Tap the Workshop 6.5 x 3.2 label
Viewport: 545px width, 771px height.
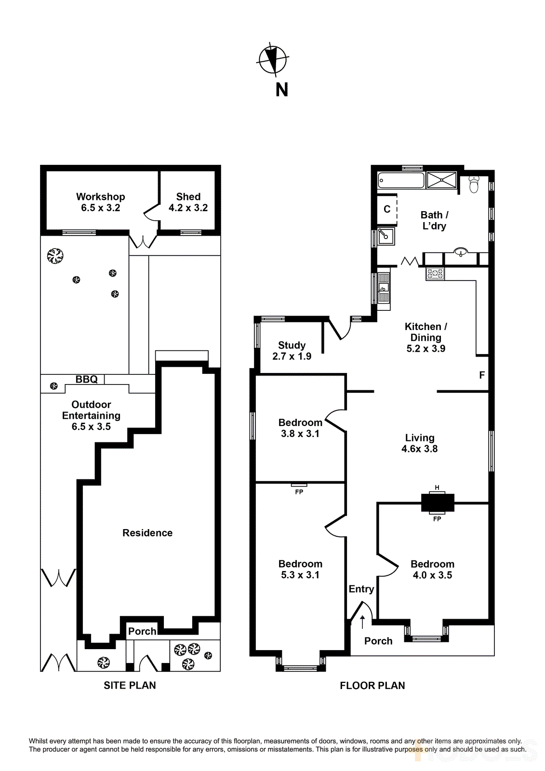pyautogui.click(x=100, y=202)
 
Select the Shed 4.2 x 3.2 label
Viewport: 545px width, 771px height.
pyautogui.click(x=188, y=202)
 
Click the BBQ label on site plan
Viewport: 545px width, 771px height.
pyautogui.click(x=87, y=379)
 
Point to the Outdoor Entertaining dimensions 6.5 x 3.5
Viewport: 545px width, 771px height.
pyautogui.click(x=91, y=426)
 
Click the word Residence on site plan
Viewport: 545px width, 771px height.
pyautogui.click(x=147, y=533)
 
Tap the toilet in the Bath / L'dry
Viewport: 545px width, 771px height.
pyautogui.click(x=474, y=185)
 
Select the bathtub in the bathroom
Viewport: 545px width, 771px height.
pyautogui.click(x=401, y=181)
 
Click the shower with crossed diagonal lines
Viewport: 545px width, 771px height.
pyautogui.click(x=441, y=180)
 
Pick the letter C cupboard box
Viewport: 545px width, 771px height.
pyautogui.click(x=387, y=209)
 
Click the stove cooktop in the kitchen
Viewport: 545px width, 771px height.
pyautogui.click(x=435, y=274)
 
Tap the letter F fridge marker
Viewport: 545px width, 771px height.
pyautogui.click(x=482, y=375)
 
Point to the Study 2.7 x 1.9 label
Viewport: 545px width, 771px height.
pyautogui.click(x=292, y=351)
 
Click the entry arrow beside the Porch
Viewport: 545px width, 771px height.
pyautogui.click(x=362, y=622)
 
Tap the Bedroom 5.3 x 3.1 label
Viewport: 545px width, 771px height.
pyautogui.click(x=300, y=569)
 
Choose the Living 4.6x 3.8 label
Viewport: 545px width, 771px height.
pyautogui.click(x=420, y=443)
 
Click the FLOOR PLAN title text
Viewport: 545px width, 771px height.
pyautogui.click(x=372, y=686)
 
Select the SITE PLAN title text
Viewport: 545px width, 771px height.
pyautogui.click(x=130, y=685)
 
